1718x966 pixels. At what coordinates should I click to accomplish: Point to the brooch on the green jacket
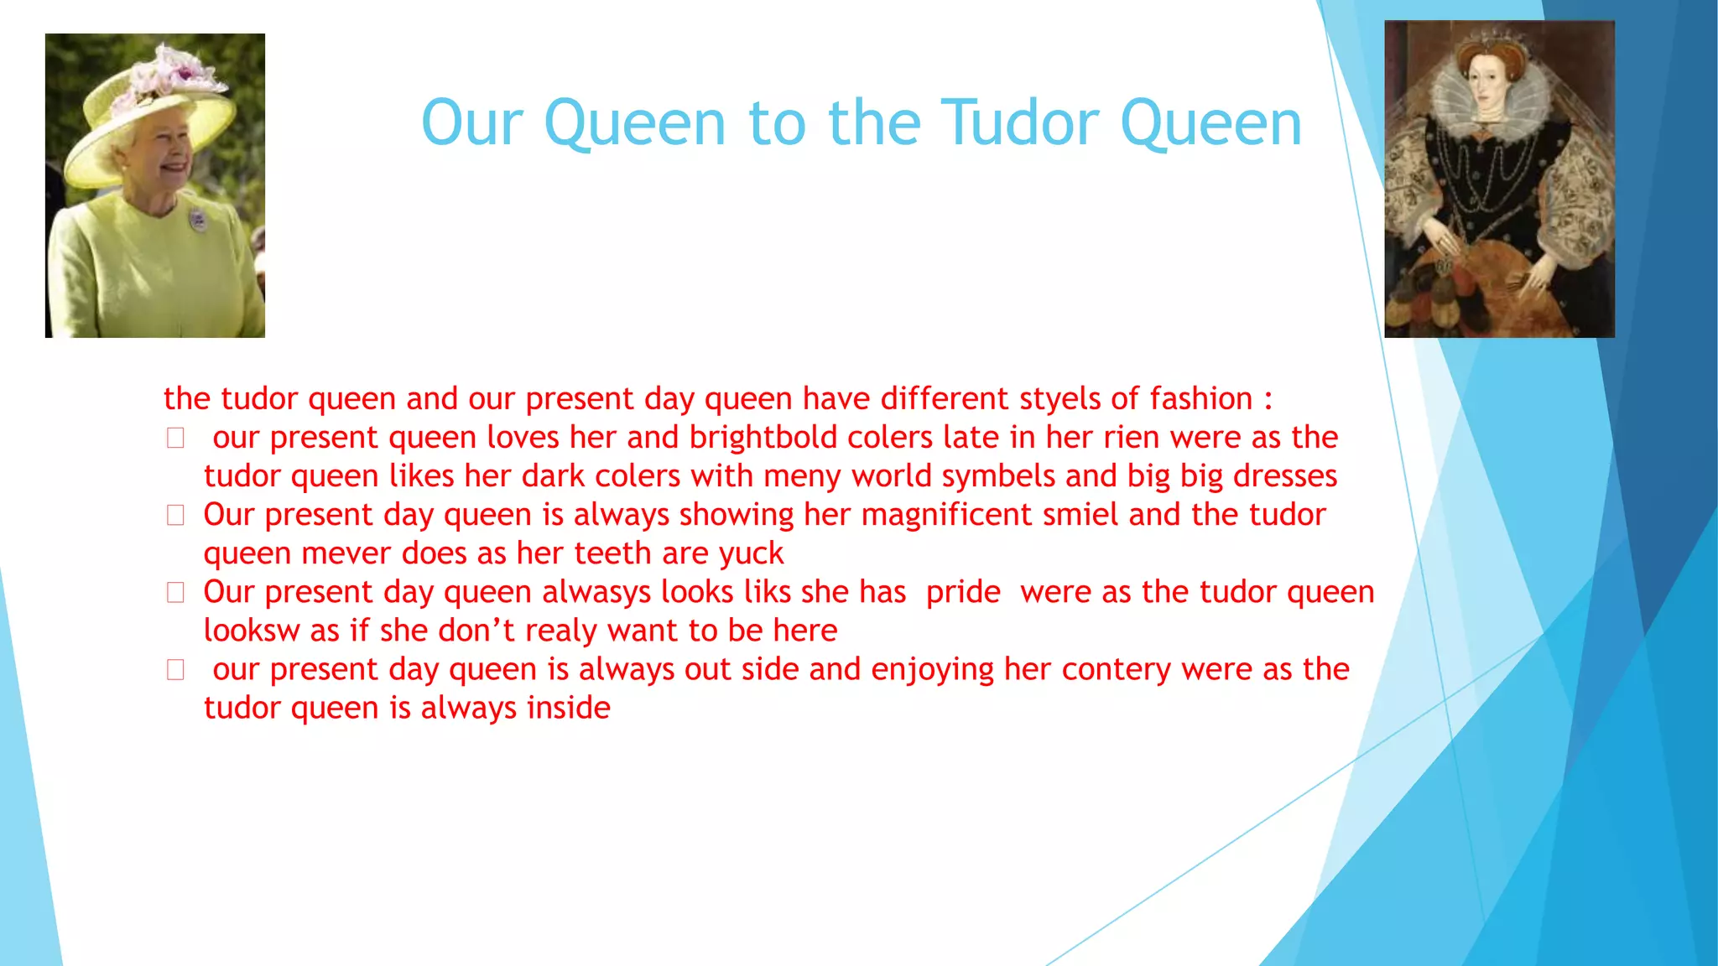coord(197,220)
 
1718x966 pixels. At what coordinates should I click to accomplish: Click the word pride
coord(963,592)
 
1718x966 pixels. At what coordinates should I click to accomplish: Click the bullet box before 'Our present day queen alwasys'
coord(175,593)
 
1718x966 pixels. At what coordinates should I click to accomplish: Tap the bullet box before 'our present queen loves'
coord(175,438)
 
